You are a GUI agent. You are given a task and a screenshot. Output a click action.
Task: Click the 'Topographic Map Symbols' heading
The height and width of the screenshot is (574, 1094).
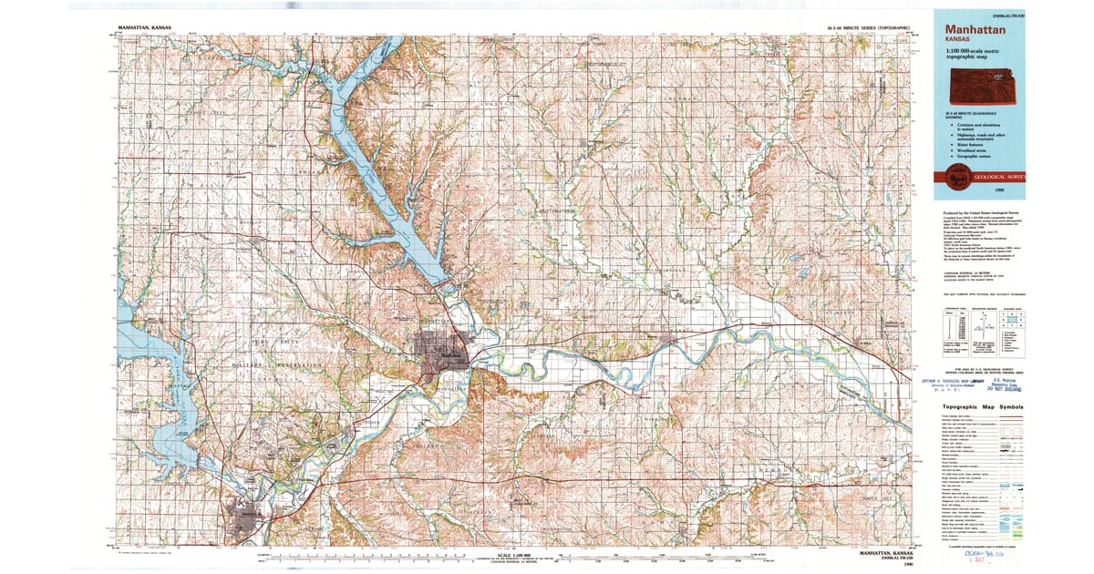(x=982, y=407)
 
